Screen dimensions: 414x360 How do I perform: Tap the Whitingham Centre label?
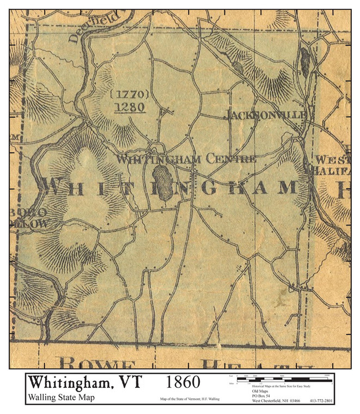[186, 160]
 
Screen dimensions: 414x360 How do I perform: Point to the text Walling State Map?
[60, 397]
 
